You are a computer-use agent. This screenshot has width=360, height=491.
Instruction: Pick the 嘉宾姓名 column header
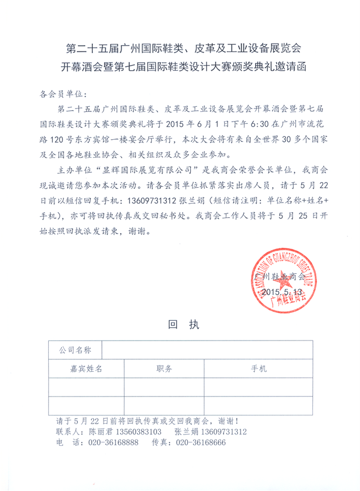click(x=85, y=369)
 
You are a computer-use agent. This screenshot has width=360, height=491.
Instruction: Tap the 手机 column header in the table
click(x=260, y=369)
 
